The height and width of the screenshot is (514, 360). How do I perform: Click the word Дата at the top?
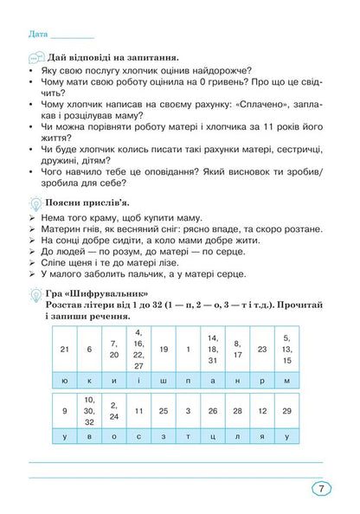click(x=37, y=35)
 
